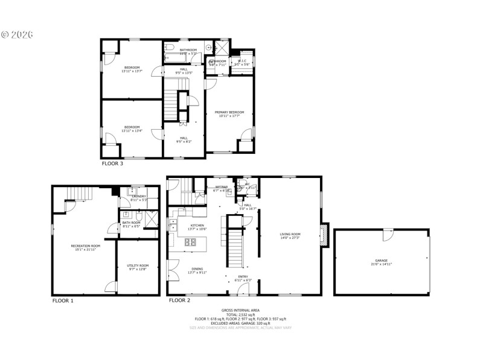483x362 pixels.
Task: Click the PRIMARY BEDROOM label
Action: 229,112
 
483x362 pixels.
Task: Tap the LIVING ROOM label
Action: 290,234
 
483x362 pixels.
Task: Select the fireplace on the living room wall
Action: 324,235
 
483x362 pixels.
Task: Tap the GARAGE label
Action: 381,261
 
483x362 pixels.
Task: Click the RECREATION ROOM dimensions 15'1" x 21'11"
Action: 85,250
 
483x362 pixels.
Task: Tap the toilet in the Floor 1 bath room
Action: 138,217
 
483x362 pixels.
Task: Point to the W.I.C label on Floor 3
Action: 241,60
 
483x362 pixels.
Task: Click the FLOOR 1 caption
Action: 63,300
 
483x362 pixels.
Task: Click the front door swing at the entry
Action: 242,290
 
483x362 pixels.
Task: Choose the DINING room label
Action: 197,269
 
